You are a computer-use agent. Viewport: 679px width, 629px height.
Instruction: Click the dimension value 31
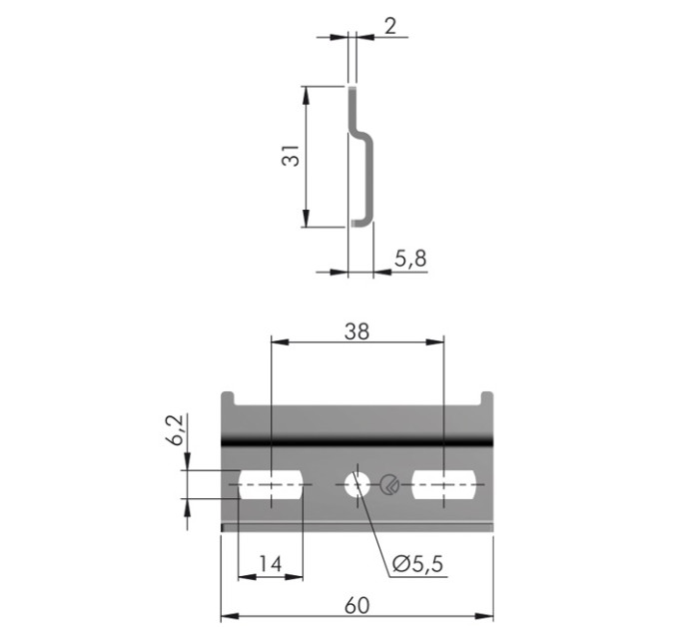click(291, 156)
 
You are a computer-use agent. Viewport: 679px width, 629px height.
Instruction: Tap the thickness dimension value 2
click(390, 26)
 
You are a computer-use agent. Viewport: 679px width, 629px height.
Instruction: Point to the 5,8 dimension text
click(410, 259)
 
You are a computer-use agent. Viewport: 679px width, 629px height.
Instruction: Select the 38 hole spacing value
click(356, 331)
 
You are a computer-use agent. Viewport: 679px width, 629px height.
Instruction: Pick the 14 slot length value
click(271, 564)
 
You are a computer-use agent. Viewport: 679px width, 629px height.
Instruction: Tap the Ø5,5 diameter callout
click(417, 564)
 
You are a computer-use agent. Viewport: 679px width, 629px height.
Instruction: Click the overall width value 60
click(356, 605)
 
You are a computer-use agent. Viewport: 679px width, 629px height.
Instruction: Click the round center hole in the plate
click(357, 484)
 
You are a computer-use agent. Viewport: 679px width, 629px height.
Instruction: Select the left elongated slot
click(271, 484)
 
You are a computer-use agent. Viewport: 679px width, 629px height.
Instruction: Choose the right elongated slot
click(443, 484)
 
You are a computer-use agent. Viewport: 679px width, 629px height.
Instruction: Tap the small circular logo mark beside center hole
click(389, 484)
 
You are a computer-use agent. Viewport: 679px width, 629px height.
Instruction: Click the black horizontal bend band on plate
click(357, 442)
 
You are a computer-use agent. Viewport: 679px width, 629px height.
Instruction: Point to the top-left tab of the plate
click(228, 398)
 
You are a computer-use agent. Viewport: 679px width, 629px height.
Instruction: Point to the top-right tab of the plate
click(486, 398)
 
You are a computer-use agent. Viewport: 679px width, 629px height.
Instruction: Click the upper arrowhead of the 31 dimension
click(306, 95)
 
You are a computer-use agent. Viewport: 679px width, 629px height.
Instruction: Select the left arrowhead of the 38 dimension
click(280, 342)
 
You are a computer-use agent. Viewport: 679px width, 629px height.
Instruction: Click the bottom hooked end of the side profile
click(362, 223)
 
